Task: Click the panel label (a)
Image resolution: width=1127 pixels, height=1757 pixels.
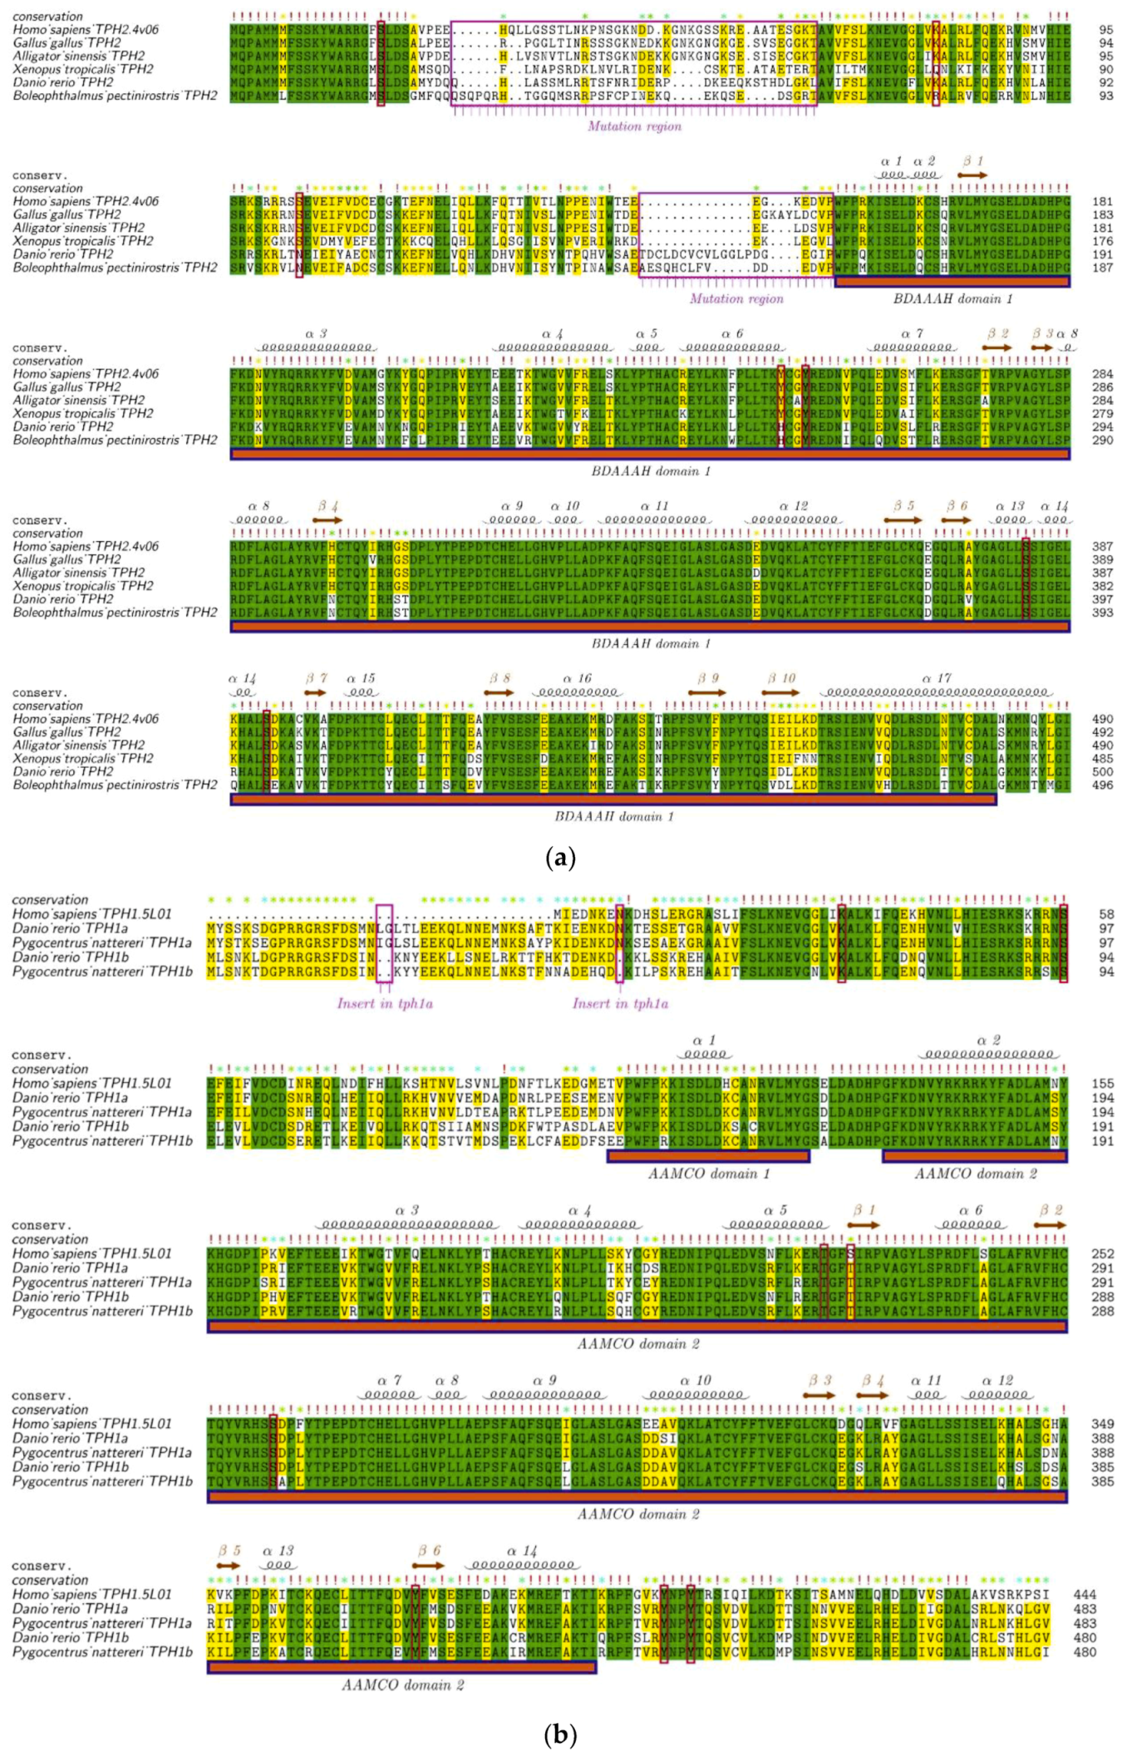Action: [x=560, y=858]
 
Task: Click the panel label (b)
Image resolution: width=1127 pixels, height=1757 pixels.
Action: [x=560, y=1735]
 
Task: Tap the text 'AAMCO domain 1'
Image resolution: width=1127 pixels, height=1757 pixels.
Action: [x=708, y=1174]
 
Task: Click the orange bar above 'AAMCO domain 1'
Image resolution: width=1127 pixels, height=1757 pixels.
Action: [x=708, y=1156]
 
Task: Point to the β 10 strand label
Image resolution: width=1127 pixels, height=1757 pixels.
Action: [x=781, y=678]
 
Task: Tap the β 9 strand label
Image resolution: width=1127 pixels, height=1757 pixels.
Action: [x=708, y=678]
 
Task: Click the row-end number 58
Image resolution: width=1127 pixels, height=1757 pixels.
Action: [x=1105, y=914]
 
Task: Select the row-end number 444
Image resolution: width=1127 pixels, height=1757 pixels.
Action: [x=1085, y=1594]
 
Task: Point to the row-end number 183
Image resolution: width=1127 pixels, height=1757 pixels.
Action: [x=1102, y=214]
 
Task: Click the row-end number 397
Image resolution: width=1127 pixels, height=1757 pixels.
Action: [x=1102, y=599]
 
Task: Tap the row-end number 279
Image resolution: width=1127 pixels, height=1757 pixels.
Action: [x=1102, y=413]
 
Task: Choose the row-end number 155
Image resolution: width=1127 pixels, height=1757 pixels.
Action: [x=1102, y=1083]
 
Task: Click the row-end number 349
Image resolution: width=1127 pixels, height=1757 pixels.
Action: [x=1102, y=1424]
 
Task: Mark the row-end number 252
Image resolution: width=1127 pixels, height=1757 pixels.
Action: [x=1102, y=1253]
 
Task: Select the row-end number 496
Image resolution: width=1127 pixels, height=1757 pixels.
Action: [x=1102, y=785]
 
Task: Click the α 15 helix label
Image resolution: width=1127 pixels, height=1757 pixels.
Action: [x=361, y=678]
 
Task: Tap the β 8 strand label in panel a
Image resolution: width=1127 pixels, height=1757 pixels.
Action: [x=500, y=678]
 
